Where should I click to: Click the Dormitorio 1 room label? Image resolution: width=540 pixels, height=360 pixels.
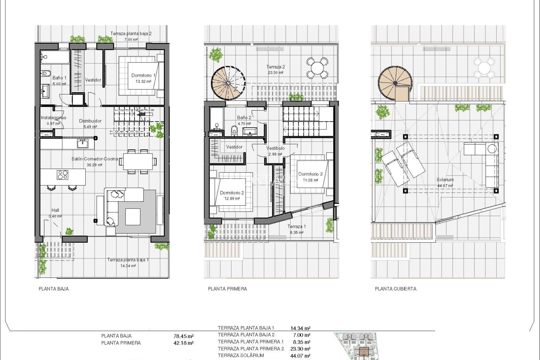tap(143, 75)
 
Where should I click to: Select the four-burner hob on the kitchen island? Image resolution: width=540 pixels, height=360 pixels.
tap(62, 175)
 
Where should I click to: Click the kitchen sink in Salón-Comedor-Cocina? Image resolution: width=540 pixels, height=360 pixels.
tap(82, 144)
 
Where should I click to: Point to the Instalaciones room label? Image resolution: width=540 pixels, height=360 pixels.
tap(53, 118)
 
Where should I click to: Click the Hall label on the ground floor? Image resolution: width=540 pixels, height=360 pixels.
tap(55, 210)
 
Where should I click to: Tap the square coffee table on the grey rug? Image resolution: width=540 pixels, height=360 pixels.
tap(132, 217)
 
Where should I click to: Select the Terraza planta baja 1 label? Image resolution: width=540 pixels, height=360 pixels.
tap(128, 260)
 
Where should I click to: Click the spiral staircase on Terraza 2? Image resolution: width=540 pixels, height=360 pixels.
tap(228, 83)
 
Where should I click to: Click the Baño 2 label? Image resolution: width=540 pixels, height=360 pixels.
tap(244, 118)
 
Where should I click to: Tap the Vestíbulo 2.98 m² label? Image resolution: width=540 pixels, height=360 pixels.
tap(275, 151)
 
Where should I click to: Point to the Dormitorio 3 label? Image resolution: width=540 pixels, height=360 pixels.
tap(310, 174)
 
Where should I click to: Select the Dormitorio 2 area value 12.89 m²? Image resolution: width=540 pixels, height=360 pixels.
tap(232, 199)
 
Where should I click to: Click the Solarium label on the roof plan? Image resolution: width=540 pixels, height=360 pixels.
tap(445, 179)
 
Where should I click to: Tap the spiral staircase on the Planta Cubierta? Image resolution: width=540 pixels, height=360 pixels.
tap(395, 83)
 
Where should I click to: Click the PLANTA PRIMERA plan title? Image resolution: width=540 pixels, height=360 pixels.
tap(228, 289)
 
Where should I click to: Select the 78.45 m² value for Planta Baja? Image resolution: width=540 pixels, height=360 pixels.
tap(184, 336)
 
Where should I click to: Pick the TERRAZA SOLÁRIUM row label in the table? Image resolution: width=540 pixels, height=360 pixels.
tap(241, 355)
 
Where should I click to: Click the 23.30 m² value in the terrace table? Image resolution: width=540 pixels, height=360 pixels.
tap(300, 349)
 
